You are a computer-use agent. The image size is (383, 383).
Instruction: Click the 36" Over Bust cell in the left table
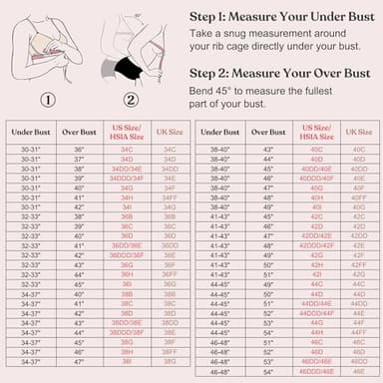[79, 149]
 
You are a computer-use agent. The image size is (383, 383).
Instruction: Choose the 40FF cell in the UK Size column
[358, 198]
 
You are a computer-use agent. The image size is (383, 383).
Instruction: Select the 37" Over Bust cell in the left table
[79, 160]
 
